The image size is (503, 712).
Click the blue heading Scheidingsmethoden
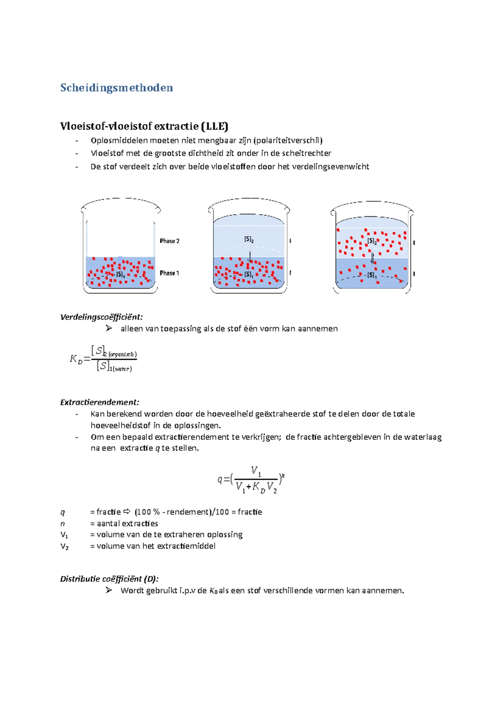(x=117, y=88)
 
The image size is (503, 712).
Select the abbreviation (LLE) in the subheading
(x=214, y=126)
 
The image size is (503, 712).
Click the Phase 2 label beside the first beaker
(x=169, y=241)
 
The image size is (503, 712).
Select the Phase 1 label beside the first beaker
(x=169, y=273)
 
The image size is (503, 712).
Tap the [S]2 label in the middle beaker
(x=249, y=239)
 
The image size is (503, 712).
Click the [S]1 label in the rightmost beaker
(x=372, y=275)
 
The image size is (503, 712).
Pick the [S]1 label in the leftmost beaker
(x=120, y=275)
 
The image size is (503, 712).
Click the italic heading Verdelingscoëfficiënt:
(x=101, y=317)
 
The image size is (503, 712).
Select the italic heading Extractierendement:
(x=99, y=403)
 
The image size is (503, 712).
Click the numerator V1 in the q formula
(x=256, y=471)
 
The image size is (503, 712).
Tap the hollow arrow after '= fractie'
(x=127, y=512)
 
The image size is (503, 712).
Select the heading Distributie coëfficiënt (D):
(x=109, y=579)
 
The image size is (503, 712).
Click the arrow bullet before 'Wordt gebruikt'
(x=109, y=590)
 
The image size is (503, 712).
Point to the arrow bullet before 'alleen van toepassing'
(x=109, y=328)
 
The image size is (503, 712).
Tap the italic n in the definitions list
(x=63, y=524)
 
